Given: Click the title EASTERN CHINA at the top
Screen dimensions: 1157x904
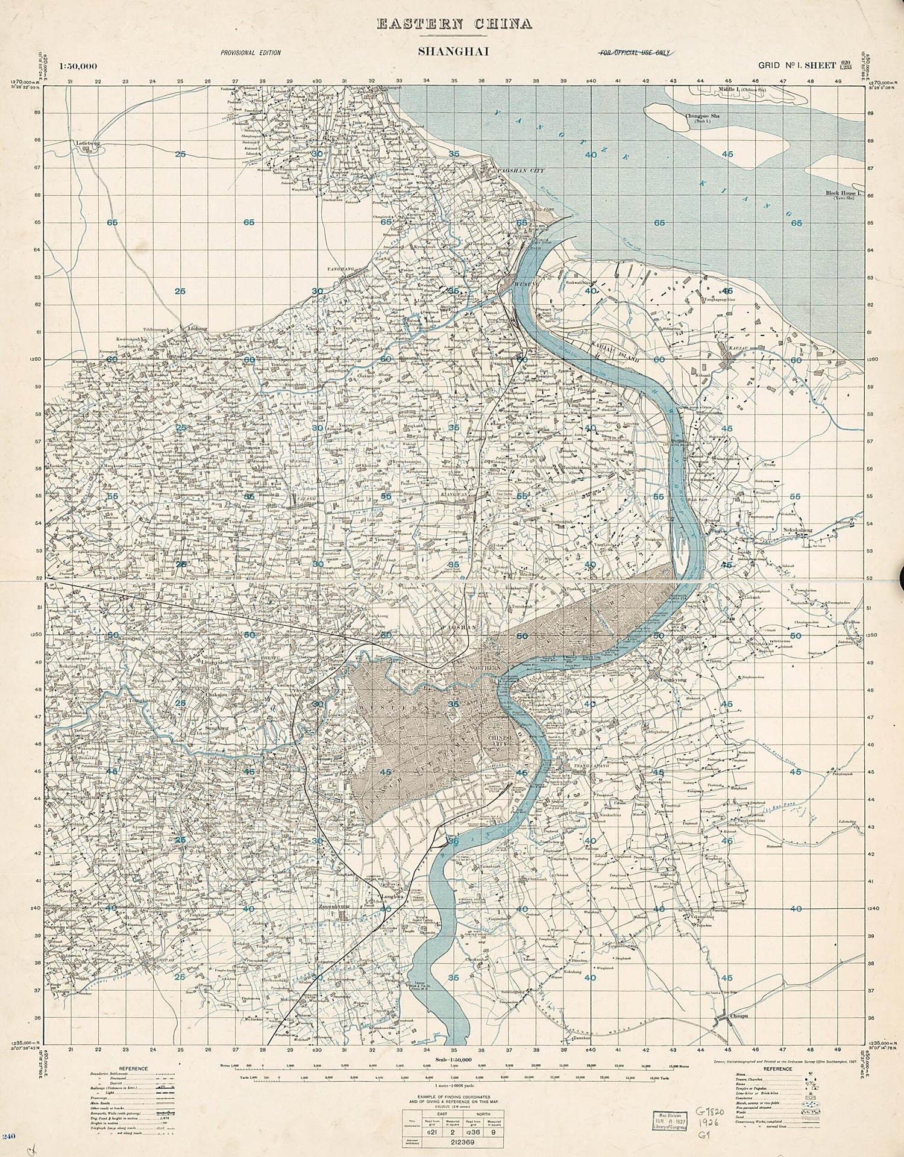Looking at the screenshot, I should coord(454,24).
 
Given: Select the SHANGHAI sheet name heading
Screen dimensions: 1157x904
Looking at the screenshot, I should coord(453,52).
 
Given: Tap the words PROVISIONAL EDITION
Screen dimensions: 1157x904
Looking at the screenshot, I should coord(250,53).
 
